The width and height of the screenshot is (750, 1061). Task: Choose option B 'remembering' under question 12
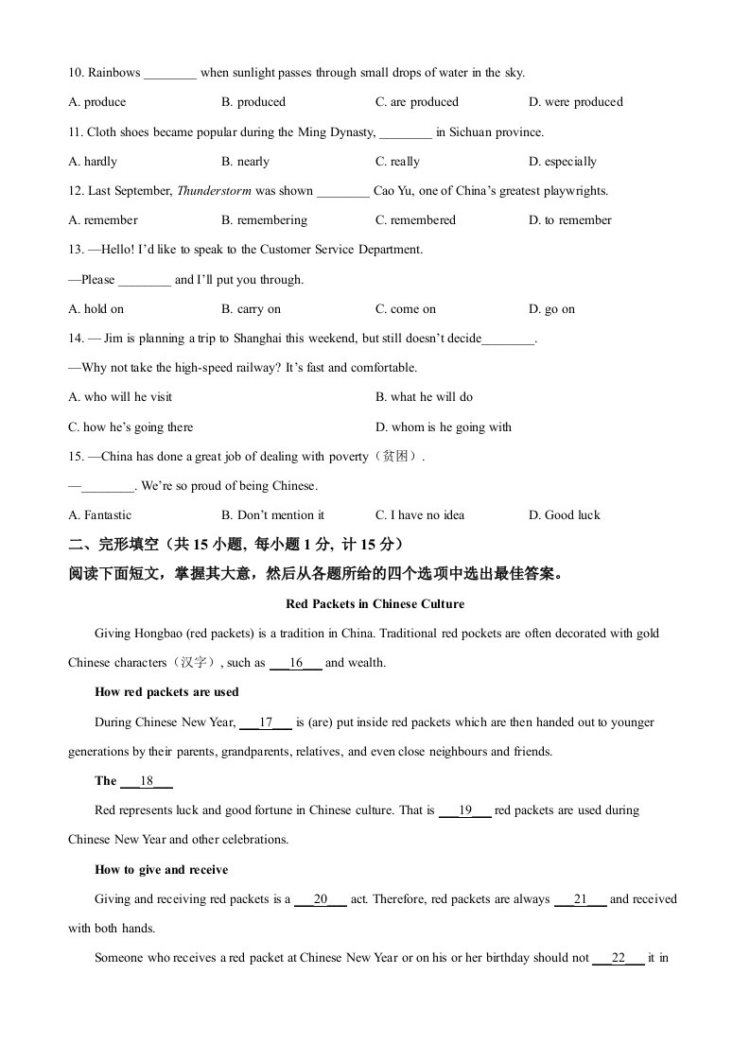pyautogui.click(x=264, y=220)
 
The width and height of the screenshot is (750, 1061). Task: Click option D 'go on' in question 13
pyautogui.click(x=551, y=309)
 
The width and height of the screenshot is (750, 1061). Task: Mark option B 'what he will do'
pyautogui.click(x=424, y=397)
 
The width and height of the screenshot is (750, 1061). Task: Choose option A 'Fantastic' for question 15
pyautogui.click(x=100, y=515)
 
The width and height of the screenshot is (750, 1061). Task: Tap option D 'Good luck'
pyautogui.click(x=565, y=515)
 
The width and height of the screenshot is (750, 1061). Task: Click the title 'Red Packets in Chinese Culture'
pyautogui.click(x=375, y=604)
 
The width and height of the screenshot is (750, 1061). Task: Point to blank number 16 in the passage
pyautogui.click(x=296, y=663)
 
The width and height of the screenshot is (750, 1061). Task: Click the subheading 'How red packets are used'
pyautogui.click(x=166, y=692)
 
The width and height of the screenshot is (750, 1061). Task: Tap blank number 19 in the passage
pyautogui.click(x=465, y=810)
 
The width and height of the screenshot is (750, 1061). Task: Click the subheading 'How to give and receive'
pyautogui.click(x=161, y=870)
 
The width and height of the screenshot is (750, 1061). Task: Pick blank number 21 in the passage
pyautogui.click(x=581, y=899)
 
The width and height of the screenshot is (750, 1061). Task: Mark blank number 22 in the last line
pyautogui.click(x=619, y=958)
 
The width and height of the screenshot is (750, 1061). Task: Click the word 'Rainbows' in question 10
pyautogui.click(x=114, y=73)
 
